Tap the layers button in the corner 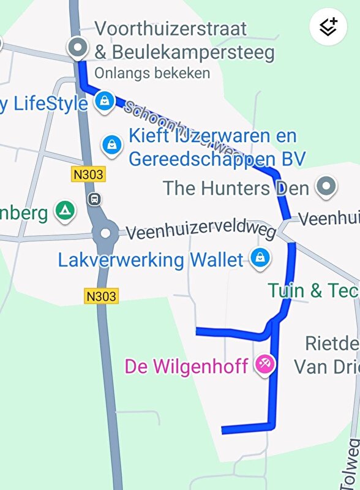[329, 27]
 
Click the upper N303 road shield [89, 175]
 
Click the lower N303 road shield [100, 296]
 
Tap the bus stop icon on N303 [95, 198]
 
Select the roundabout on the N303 [106, 233]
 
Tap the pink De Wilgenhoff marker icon [265, 366]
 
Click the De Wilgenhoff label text [186, 367]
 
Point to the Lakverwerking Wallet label [151, 260]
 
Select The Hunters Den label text [236, 187]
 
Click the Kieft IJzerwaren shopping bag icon [112, 145]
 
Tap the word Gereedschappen [216, 159]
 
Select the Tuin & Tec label [313, 290]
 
